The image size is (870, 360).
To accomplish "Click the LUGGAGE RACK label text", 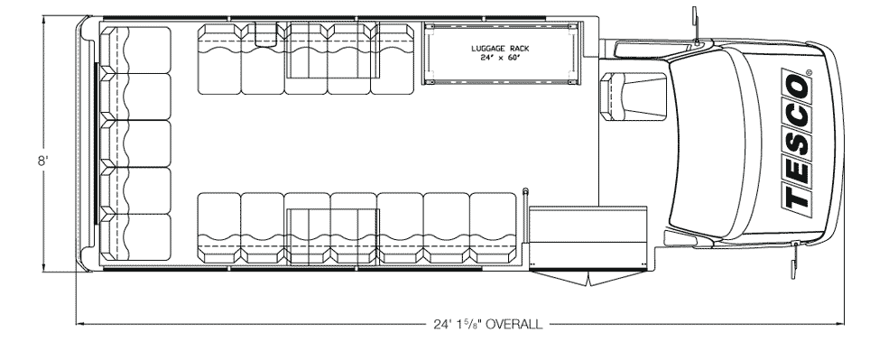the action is (500, 49).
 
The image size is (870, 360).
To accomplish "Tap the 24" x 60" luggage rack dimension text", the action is (500, 58).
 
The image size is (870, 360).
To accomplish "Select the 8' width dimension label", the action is (43, 162).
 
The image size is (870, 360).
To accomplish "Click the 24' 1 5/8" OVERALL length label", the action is (487, 324).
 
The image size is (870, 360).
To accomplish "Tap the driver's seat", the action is (634, 97).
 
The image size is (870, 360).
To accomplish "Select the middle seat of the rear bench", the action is (134, 143).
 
